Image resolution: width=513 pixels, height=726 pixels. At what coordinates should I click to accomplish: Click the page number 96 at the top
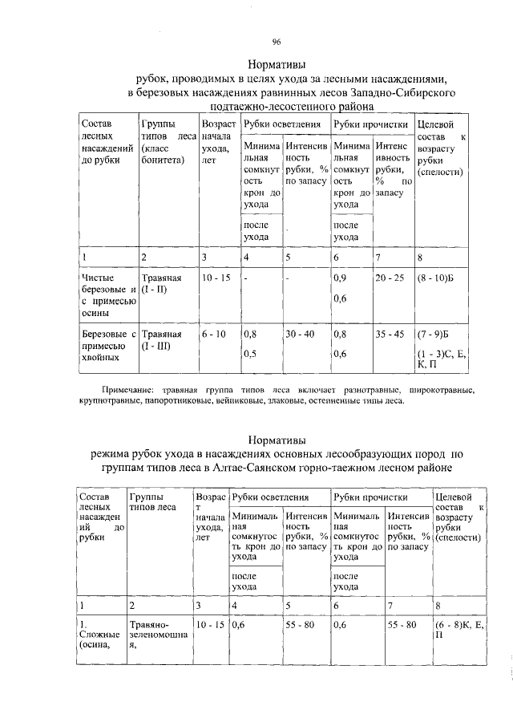pos(275,41)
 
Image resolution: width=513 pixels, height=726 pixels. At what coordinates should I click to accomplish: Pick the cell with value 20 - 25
pos(390,278)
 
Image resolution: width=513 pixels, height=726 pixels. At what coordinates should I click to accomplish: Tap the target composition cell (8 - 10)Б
pos(436,278)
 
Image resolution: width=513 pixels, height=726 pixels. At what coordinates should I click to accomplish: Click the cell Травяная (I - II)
pos(162,283)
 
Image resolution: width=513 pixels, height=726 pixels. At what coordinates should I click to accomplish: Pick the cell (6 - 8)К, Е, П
pos(458,629)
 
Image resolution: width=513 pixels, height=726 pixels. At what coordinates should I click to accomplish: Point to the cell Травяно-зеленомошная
pos(157,635)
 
